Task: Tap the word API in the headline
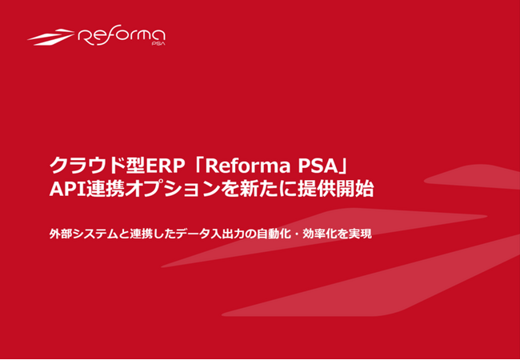(66, 191)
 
